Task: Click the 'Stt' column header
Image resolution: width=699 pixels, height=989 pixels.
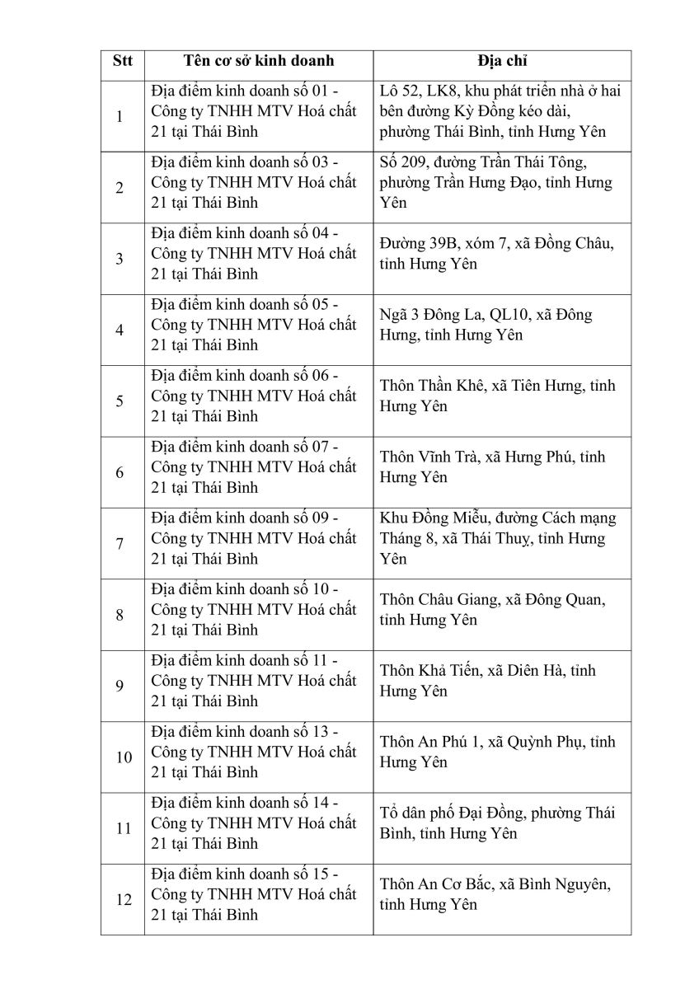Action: coord(122,62)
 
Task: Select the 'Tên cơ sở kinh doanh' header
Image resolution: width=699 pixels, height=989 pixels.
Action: coord(258,62)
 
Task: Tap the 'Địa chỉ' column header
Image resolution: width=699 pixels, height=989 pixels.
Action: coord(501,62)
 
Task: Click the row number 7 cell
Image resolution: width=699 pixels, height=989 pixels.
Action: coord(120,544)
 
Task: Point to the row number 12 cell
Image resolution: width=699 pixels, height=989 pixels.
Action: coord(123,900)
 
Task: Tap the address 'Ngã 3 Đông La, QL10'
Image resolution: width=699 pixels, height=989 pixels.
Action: coord(486,325)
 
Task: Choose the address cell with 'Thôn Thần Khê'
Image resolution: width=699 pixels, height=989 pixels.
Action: coord(497,396)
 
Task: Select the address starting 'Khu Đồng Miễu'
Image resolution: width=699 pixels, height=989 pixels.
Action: coord(498,538)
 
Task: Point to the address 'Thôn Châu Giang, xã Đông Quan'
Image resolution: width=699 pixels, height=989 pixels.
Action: coord(492,610)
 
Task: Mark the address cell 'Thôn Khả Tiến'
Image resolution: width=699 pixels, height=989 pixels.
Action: coord(487,681)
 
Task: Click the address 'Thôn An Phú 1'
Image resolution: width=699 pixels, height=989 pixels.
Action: coord(497,752)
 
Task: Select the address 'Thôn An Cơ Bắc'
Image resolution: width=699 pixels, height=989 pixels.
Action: coord(495,894)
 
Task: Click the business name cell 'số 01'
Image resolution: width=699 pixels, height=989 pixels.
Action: coord(253,111)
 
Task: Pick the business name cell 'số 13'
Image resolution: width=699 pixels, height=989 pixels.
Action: coord(253,752)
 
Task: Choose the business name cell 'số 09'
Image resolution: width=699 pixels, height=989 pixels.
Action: coord(253,538)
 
